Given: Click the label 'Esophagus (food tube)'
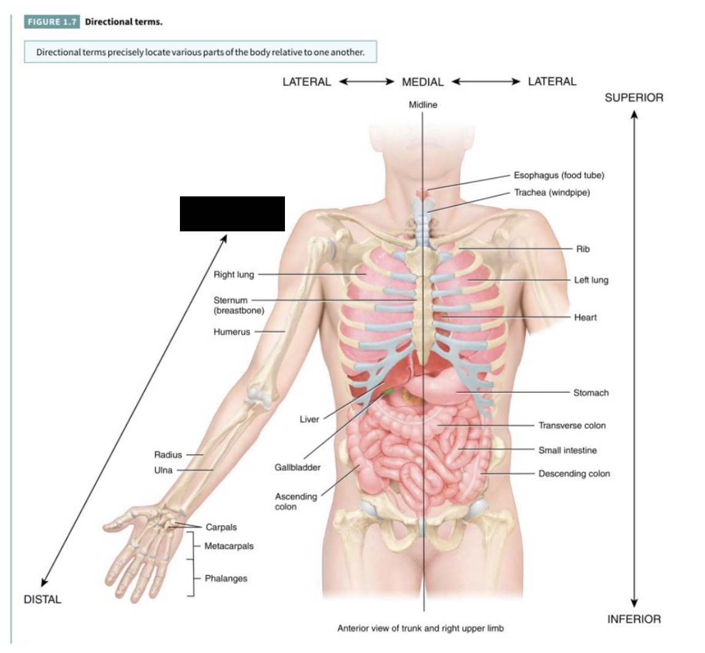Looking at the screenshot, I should tap(559, 176).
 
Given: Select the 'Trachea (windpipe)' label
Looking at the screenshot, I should tap(551, 193).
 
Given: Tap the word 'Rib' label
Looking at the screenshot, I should tap(583, 249).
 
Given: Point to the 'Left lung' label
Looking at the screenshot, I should tap(591, 280).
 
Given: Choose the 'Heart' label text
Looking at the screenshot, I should tap(585, 317).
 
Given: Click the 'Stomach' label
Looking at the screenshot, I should tap(591, 393).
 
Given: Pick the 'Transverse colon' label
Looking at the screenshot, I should tap(572, 425).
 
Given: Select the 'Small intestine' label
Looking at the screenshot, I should tap(567, 450).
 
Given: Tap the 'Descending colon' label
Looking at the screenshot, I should tap(574, 474).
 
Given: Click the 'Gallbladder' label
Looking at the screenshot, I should tap(298, 468).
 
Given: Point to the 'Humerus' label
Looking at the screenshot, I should tap(232, 332).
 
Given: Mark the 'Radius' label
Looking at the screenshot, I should tap(168, 455).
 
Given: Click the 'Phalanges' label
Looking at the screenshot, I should tap(226, 578).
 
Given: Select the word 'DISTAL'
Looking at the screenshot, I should tap(42, 600).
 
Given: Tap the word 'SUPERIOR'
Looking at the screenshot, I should tap(634, 98).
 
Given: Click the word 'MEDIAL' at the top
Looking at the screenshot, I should tap(423, 82).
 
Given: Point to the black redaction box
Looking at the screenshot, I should tap(232, 214).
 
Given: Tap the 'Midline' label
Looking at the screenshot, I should tap(423, 105).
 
